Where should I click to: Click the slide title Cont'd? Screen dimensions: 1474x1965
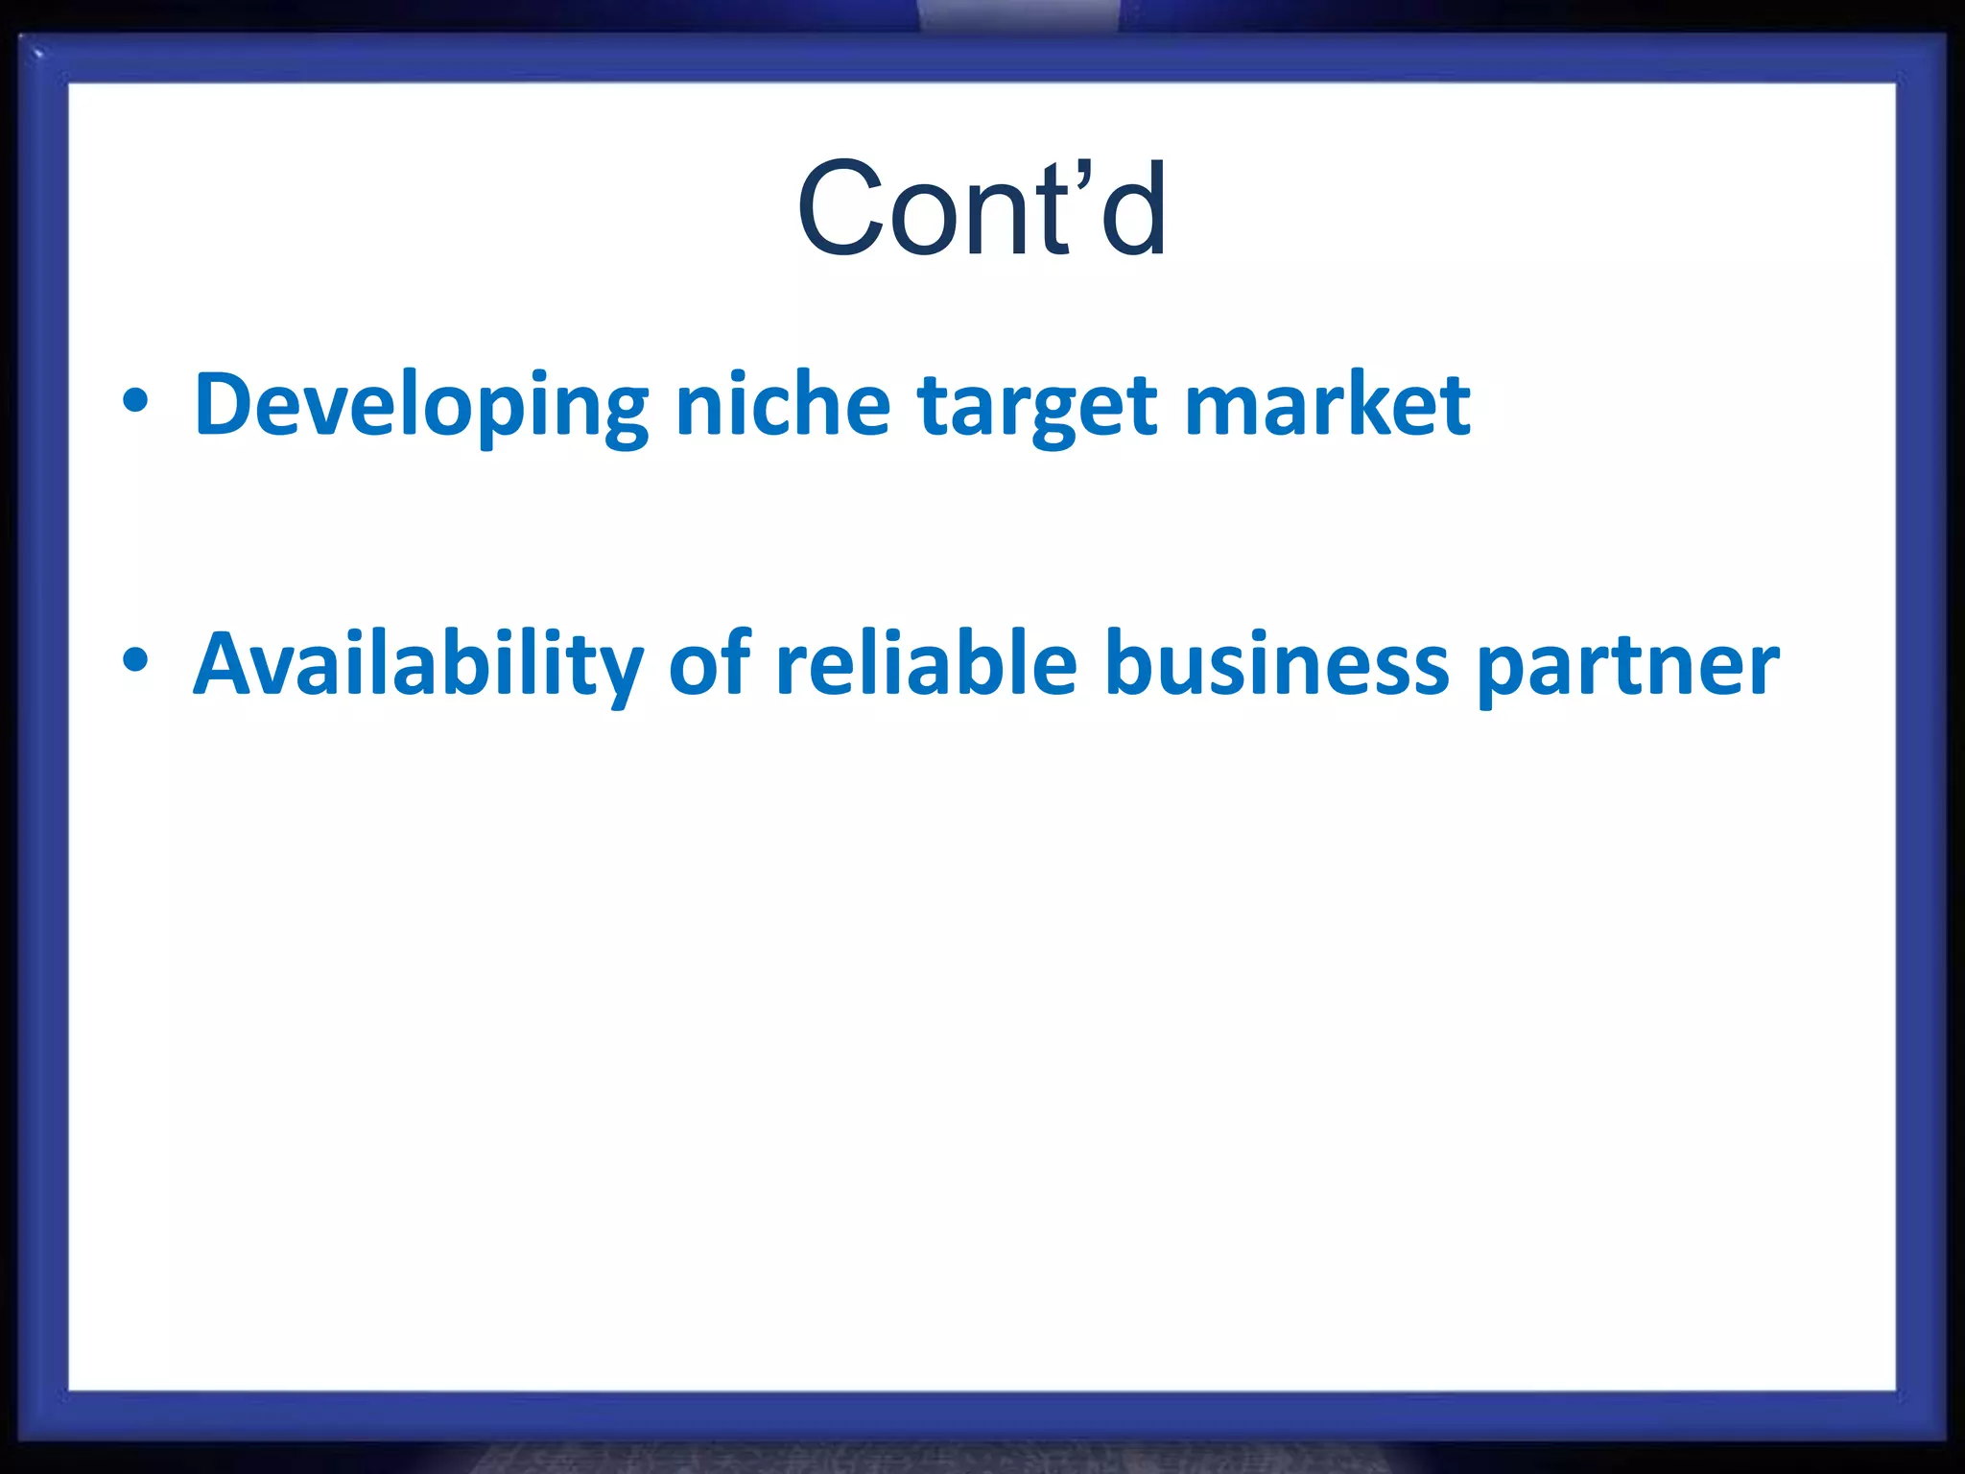tap(982, 209)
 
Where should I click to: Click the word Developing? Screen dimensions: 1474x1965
tap(421, 405)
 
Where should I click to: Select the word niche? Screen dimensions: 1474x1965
tap(783, 405)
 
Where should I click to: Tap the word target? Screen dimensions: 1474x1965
tap(1036, 407)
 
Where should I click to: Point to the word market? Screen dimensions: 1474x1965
tap(1327, 405)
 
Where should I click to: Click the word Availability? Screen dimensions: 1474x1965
tap(418, 664)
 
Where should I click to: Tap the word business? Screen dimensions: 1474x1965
tap(1276, 664)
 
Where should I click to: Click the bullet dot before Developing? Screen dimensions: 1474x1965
tap(135, 401)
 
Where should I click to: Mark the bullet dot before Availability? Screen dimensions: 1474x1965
tap(135, 660)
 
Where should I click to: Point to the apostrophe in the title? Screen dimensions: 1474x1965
tap(1083, 178)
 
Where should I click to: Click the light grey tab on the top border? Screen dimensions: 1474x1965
tap(1018, 15)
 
